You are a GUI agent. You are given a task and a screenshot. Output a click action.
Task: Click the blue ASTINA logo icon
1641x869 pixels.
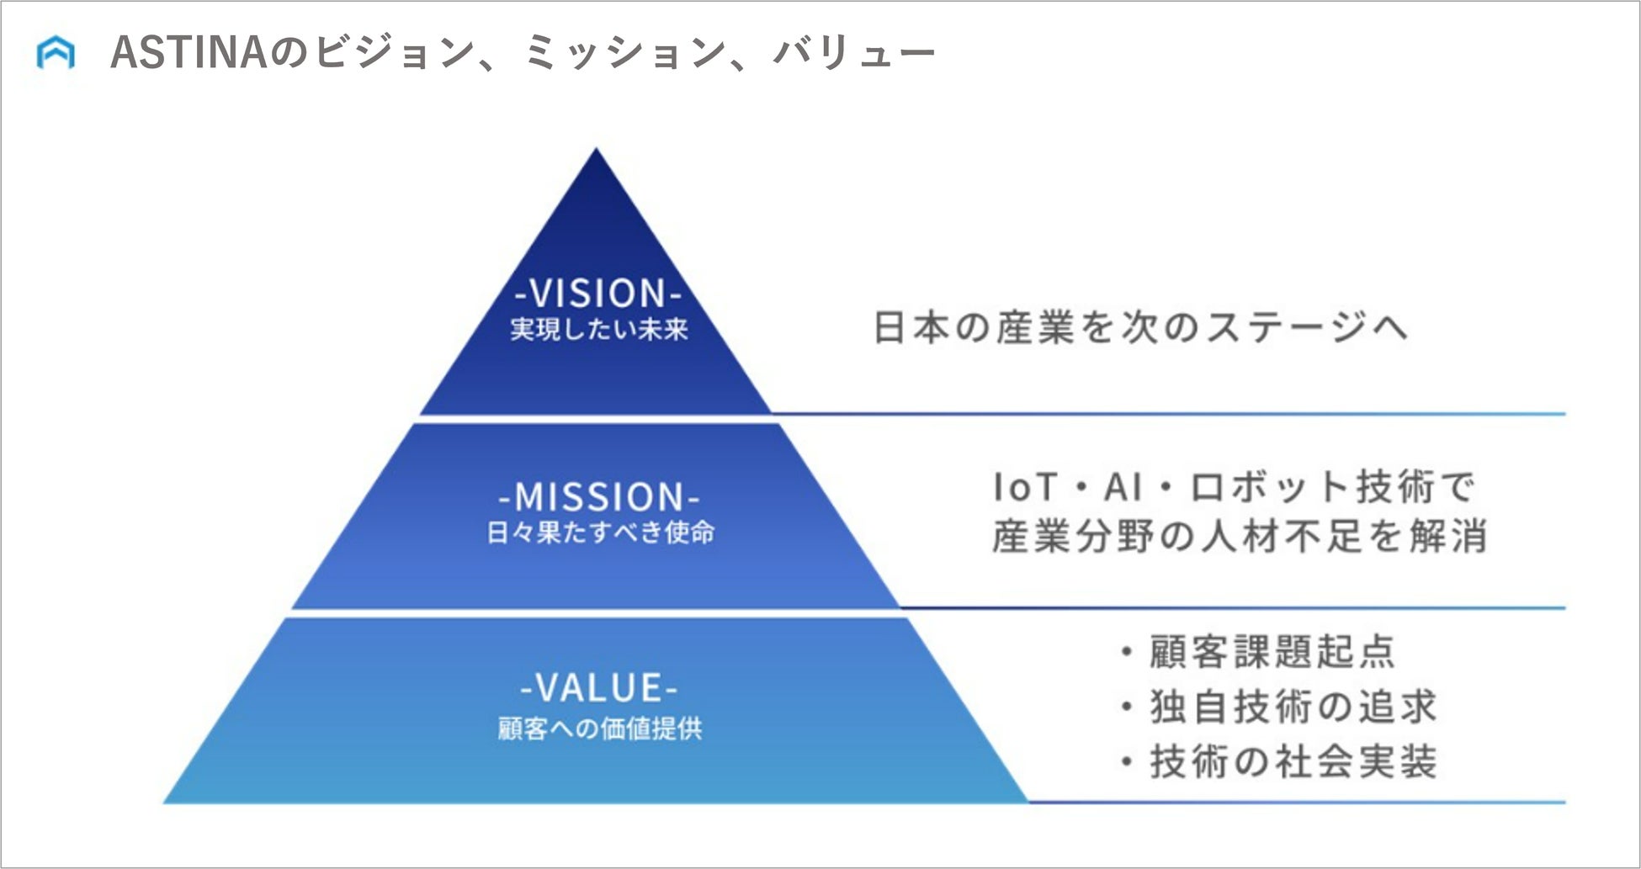tap(56, 53)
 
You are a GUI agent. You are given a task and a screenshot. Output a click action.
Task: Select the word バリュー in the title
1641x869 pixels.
tap(852, 53)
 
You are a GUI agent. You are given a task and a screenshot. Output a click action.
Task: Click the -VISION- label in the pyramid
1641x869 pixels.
tap(597, 294)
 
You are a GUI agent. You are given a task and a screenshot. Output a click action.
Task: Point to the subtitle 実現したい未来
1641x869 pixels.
tap(598, 329)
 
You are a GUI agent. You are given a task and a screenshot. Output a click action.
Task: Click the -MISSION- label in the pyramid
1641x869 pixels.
tap(599, 497)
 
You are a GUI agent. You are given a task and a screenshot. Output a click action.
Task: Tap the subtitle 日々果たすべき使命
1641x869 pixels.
tap(600, 533)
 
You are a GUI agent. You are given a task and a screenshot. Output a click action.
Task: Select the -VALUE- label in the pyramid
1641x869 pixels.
tap(599, 688)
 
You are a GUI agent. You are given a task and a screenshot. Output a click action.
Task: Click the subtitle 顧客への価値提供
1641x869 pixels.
tap(599, 728)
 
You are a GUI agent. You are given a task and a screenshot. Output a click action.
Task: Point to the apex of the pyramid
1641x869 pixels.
tap(597, 152)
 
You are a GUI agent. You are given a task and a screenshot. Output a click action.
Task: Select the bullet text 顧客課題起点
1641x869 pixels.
tap(1272, 652)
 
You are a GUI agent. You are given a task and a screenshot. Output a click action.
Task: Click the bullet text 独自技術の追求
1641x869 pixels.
tap(1293, 707)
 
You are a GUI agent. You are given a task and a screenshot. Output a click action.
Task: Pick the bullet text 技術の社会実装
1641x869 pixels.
tap(1293, 761)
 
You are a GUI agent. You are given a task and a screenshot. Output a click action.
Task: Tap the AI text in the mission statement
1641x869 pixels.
tap(1123, 486)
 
